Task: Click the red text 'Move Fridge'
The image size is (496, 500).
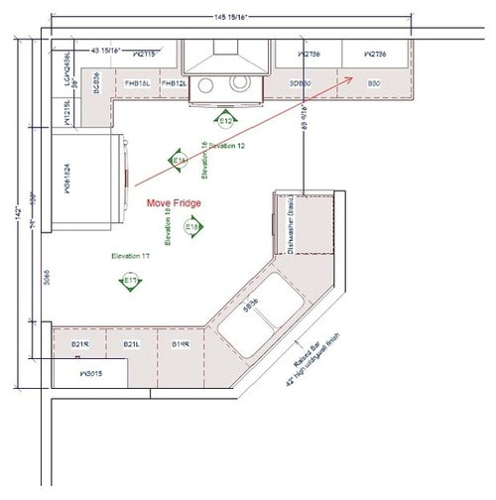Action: pos(174,202)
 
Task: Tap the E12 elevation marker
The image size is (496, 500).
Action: pos(225,120)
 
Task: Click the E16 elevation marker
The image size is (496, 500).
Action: pos(180,160)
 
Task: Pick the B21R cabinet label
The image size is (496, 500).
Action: pos(80,343)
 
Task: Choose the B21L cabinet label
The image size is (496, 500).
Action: pos(130,343)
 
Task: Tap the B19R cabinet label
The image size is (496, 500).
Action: pos(181,343)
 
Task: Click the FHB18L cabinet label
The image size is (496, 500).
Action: pos(138,84)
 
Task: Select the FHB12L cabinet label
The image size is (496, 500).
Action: pos(175,84)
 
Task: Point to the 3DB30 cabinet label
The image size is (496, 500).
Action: pos(302,84)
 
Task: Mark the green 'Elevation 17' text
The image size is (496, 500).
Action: pos(131,256)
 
